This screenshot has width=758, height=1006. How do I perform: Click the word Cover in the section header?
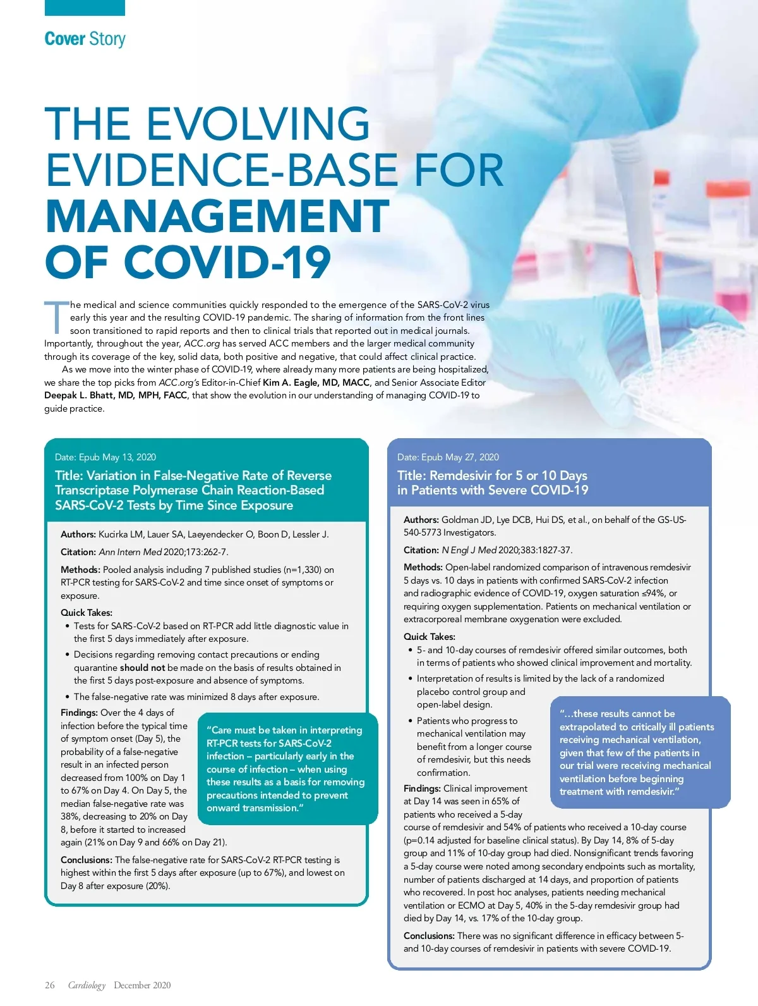[x=65, y=39]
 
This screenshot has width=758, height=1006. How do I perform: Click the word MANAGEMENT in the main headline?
[x=217, y=216]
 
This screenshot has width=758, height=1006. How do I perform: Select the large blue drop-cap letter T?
[x=56, y=317]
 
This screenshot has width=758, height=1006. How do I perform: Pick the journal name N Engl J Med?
[x=469, y=550]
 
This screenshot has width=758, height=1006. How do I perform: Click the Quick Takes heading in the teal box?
[x=87, y=612]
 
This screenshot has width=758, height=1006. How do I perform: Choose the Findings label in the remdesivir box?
[x=422, y=788]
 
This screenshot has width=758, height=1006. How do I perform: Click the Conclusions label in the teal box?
[x=87, y=860]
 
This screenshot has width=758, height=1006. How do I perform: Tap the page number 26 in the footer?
[x=50, y=985]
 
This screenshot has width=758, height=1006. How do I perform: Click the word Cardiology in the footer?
[x=87, y=985]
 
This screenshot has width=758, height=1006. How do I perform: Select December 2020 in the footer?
[x=142, y=985]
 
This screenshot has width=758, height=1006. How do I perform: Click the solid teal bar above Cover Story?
[x=85, y=8]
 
